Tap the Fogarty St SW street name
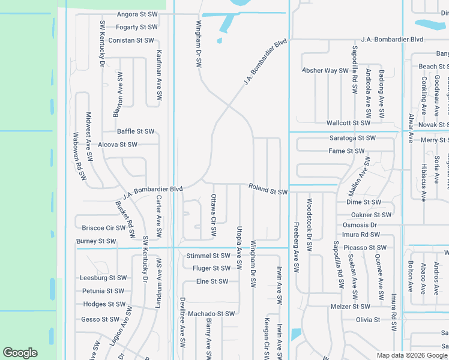137,27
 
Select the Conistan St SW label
131,40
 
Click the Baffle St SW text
136,131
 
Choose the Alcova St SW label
118,145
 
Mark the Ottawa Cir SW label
213,215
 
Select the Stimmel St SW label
208,256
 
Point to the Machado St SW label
211,314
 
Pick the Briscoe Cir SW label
104,228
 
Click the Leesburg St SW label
104,278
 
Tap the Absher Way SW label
325,71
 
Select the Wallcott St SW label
348,123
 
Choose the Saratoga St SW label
352,138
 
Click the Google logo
20,352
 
